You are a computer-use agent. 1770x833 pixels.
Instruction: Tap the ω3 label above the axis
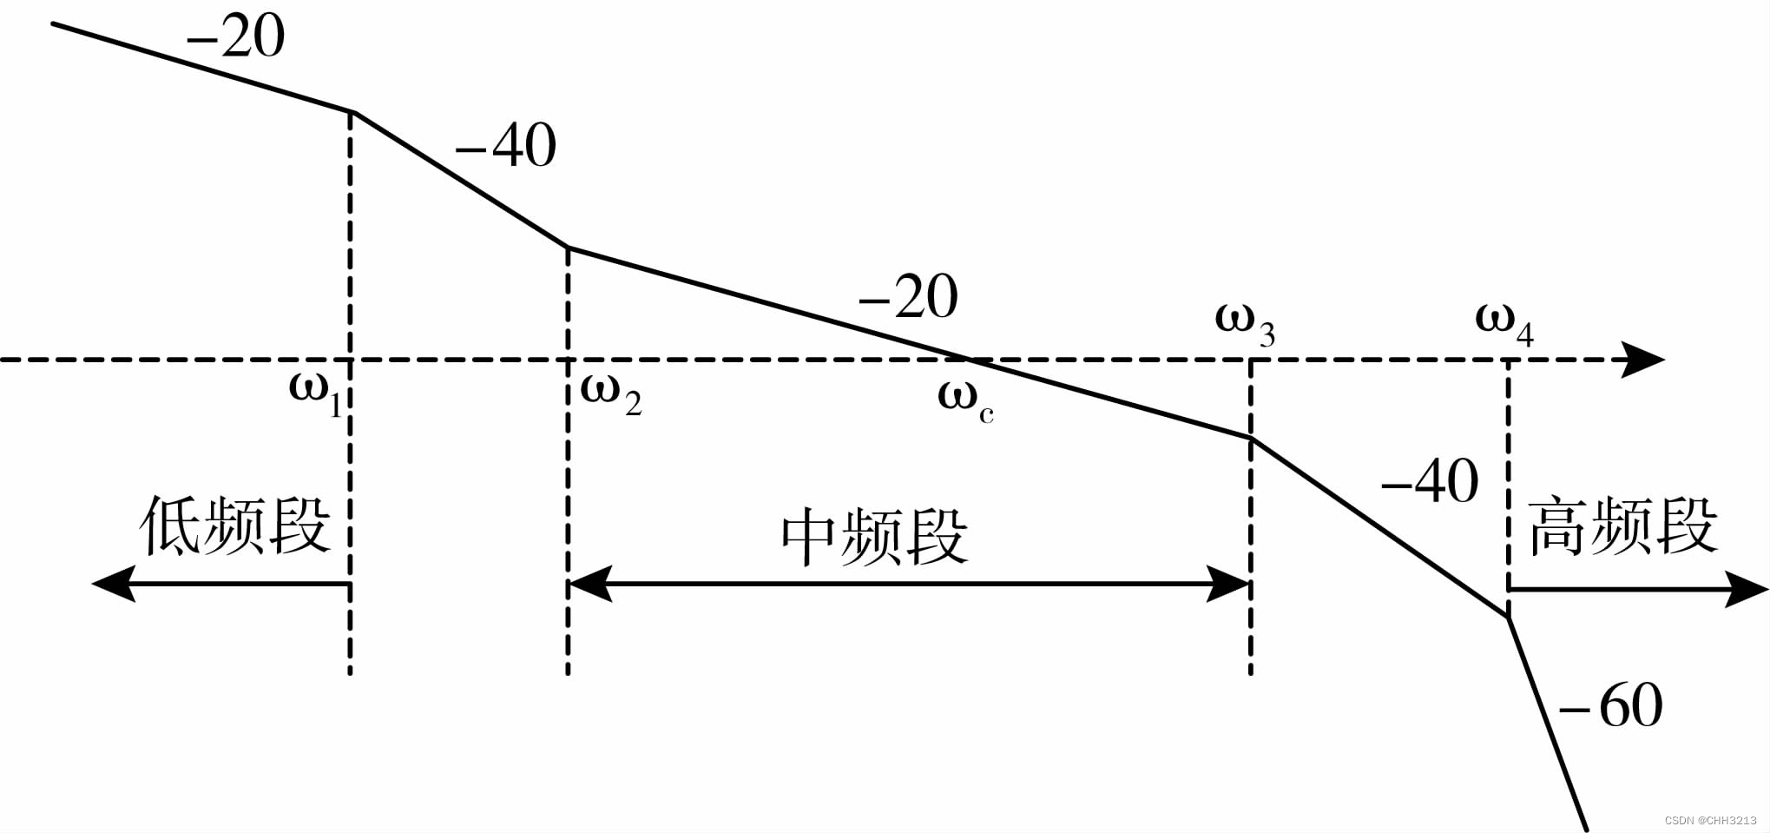coord(1244,323)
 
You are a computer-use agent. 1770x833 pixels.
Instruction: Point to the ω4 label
coord(1504,323)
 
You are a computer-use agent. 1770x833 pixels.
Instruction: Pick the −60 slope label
coord(1611,705)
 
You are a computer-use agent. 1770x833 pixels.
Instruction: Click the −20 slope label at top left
coord(235,37)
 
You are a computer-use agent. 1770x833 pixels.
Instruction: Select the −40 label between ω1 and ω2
coord(505,146)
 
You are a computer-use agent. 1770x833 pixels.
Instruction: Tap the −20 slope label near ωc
coord(908,297)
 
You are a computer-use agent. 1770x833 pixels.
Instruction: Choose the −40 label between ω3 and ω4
coord(1430,481)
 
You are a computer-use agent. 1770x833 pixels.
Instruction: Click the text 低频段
coord(235,526)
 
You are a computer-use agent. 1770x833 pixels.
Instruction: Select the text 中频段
coord(874,539)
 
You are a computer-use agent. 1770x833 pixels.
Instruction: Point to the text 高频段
coord(1622,526)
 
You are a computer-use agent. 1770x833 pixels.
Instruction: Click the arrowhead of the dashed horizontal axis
coord(1643,360)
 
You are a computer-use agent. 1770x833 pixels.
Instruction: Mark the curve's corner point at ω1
coord(352,112)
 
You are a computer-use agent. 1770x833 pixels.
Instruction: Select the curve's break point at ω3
coord(1251,439)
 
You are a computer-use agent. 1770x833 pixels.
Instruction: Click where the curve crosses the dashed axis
coord(971,360)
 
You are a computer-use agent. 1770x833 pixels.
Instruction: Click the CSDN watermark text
coord(1710,820)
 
